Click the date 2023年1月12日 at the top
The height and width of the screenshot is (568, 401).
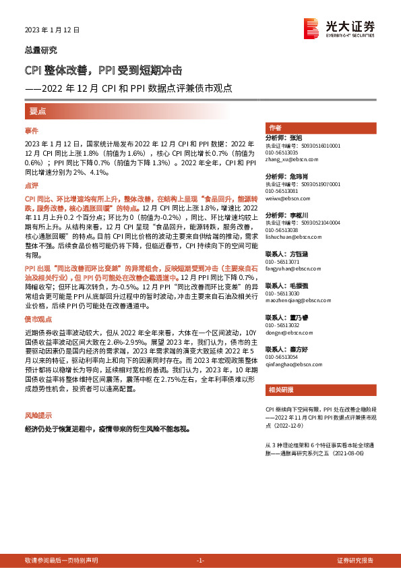pyautogui.click(x=52, y=30)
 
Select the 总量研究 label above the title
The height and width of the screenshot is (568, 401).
pyautogui.click(x=40, y=50)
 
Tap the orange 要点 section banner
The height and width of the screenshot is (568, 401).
pyautogui.click(x=38, y=111)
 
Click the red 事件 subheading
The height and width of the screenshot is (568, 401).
pyautogui.click(x=31, y=130)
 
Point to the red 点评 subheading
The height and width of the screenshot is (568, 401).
pyautogui.click(x=31, y=185)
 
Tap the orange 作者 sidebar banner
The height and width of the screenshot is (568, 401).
pyautogui.click(x=275, y=127)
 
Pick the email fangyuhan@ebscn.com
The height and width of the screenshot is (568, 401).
pyautogui.click(x=288, y=268)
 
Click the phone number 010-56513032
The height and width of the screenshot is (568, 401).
pyautogui.click(x=282, y=324)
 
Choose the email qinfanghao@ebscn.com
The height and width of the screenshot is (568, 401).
pyautogui.click(x=290, y=362)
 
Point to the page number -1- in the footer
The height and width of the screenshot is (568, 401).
pyautogui.click(x=200, y=561)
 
